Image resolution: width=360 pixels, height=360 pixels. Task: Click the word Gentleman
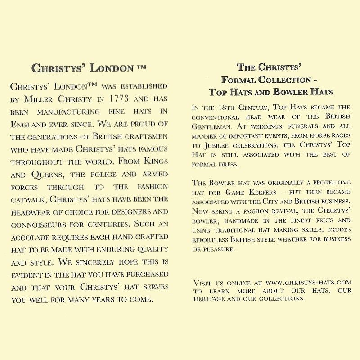[211, 127]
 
